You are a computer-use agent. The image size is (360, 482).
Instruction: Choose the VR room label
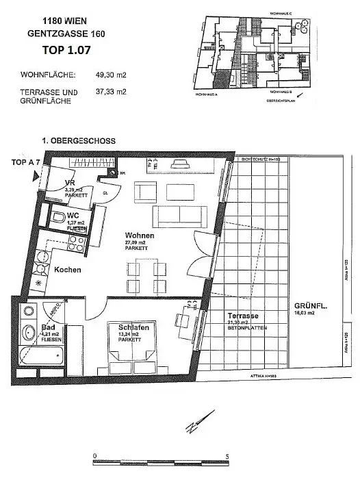(70, 183)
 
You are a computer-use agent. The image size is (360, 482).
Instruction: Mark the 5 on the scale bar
(227, 455)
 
